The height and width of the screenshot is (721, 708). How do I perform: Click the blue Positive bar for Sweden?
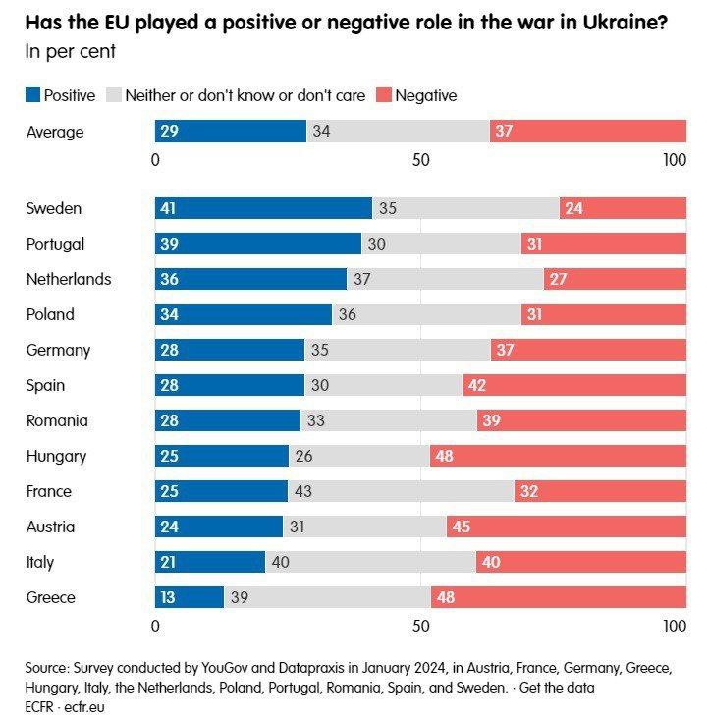(x=263, y=208)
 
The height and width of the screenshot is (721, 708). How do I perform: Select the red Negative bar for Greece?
(x=559, y=597)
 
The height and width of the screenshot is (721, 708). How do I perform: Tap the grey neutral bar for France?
(x=401, y=491)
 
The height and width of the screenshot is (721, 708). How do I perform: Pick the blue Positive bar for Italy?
(x=210, y=562)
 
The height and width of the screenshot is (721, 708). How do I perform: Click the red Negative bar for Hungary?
(x=558, y=456)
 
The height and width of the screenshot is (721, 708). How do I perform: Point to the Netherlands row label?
(x=69, y=279)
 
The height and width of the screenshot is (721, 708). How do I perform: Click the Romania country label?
(x=57, y=420)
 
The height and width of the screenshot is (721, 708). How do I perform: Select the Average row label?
(x=55, y=131)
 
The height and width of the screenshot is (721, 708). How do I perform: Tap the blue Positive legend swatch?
(x=32, y=95)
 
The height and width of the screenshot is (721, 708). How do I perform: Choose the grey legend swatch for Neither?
(x=113, y=95)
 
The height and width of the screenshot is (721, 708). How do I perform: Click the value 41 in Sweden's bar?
(x=169, y=208)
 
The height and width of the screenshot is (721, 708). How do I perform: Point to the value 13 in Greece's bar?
(x=169, y=597)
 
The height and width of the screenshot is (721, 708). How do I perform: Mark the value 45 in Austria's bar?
(x=461, y=527)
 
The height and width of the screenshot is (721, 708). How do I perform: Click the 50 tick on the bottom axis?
(x=420, y=626)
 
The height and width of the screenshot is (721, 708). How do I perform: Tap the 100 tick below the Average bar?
(x=674, y=159)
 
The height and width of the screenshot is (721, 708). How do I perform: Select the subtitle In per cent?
(x=71, y=51)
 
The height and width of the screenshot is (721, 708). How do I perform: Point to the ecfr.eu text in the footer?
(x=85, y=705)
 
